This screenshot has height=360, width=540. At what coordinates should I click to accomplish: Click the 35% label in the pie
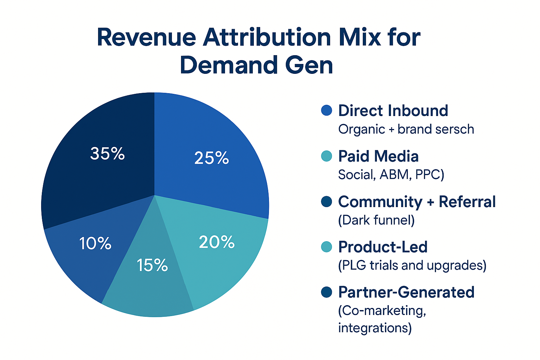point(107,154)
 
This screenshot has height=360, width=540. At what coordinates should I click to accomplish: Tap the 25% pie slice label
point(211,158)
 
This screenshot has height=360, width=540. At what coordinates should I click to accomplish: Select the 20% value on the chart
point(217,242)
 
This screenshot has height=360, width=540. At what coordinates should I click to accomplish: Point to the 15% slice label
point(152,265)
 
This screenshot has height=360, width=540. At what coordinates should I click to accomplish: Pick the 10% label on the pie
point(95,243)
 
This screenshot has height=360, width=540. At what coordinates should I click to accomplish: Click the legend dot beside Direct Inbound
point(327,110)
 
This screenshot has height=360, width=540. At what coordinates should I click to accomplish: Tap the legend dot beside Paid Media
point(327,156)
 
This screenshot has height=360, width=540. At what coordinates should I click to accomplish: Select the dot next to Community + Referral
point(327,202)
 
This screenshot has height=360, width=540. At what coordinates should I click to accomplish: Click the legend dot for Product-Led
point(327,247)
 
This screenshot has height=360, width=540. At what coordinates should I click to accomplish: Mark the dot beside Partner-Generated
point(327,292)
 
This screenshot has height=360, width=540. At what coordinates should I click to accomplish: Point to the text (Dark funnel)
point(376,220)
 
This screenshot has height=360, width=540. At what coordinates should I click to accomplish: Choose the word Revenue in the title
point(146,37)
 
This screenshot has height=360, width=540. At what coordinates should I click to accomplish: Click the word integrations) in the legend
point(374,328)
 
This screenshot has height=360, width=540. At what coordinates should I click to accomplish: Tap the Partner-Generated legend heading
point(406,292)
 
